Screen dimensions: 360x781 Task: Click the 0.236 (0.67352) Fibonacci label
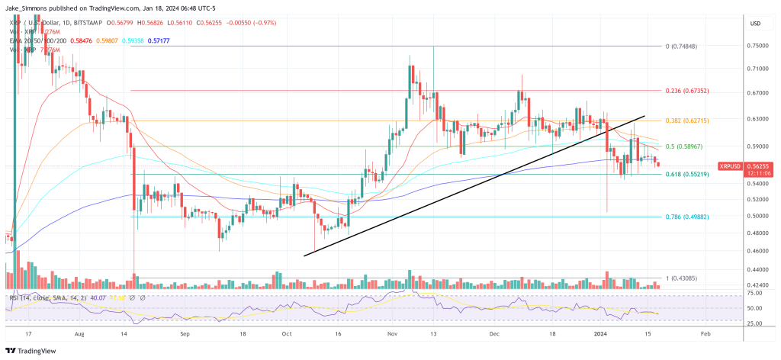687,91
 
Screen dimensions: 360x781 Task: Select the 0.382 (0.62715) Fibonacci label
687,121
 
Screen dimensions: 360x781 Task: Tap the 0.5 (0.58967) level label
683,146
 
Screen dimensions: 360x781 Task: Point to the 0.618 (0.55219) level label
687,175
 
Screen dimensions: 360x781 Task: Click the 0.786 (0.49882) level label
687,217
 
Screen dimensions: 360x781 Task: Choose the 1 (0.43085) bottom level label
681,278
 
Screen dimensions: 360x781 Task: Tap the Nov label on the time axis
394,334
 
